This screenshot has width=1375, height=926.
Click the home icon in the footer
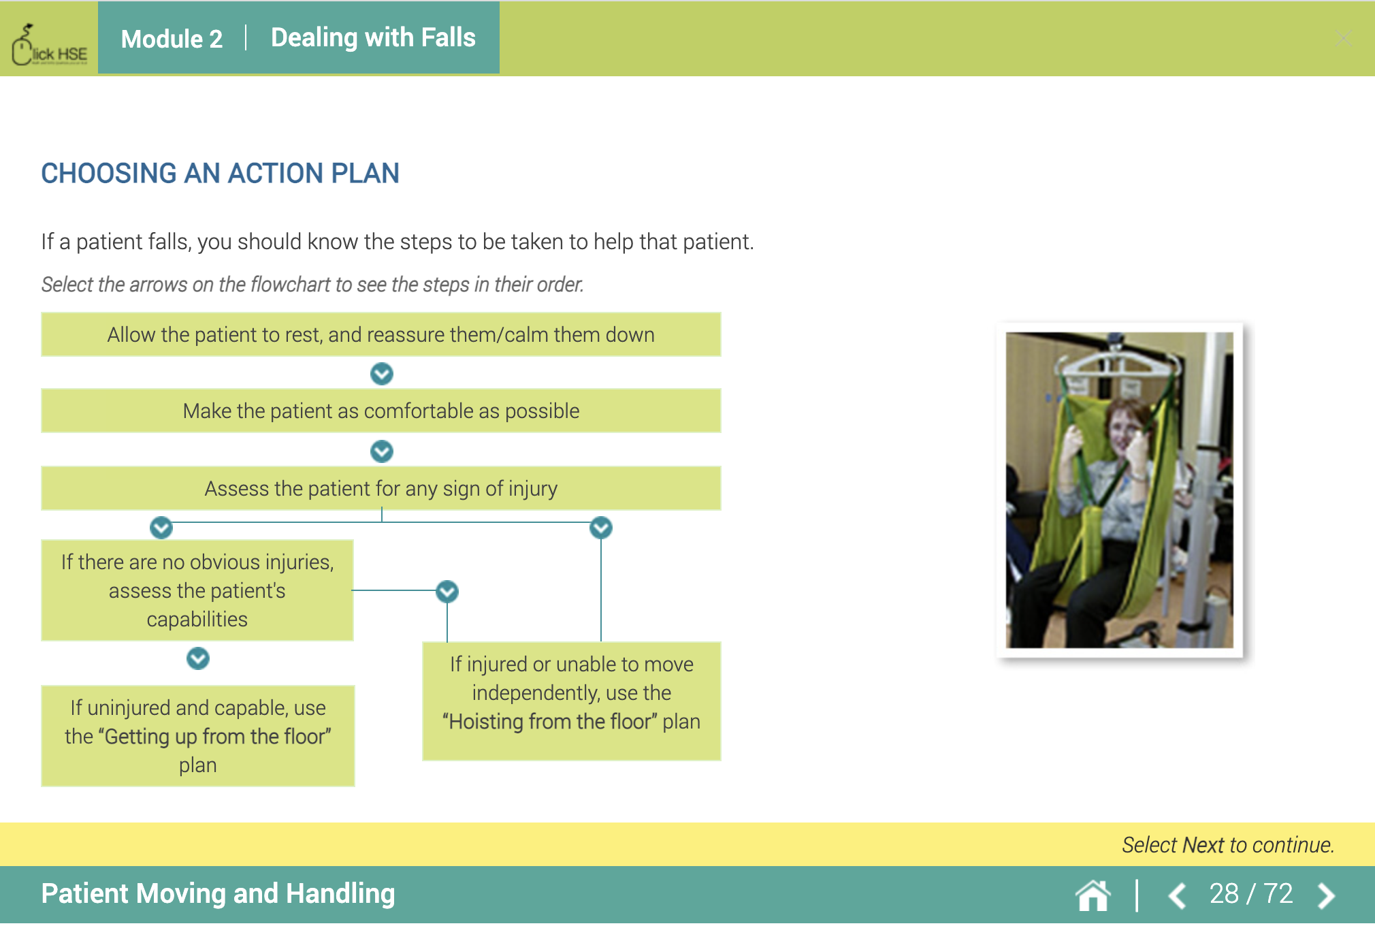[1093, 895]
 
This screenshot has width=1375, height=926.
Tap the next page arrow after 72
[1326, 895]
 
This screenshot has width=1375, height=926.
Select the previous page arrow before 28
[1178, 895]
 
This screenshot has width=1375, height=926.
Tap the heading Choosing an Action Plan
[220, 173]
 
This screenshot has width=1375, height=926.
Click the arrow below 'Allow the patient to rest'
[381, 373]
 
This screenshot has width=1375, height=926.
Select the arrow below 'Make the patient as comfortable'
[381, 451]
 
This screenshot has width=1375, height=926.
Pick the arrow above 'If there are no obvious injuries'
[161, 528]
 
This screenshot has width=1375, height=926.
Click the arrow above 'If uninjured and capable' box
[198, 658]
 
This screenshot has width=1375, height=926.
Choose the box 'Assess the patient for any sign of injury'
[381, 488]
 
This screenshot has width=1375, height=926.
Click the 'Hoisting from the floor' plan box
[571, 701]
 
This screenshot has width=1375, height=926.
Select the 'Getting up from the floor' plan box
[198, 736]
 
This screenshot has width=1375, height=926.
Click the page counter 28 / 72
[1250, 894]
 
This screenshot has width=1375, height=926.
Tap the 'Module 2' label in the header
[172, 39]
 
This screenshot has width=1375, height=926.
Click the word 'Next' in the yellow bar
[1203, 845]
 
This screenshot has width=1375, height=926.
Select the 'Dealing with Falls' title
[373, 37]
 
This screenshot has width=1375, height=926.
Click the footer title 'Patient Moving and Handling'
[218, 894]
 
